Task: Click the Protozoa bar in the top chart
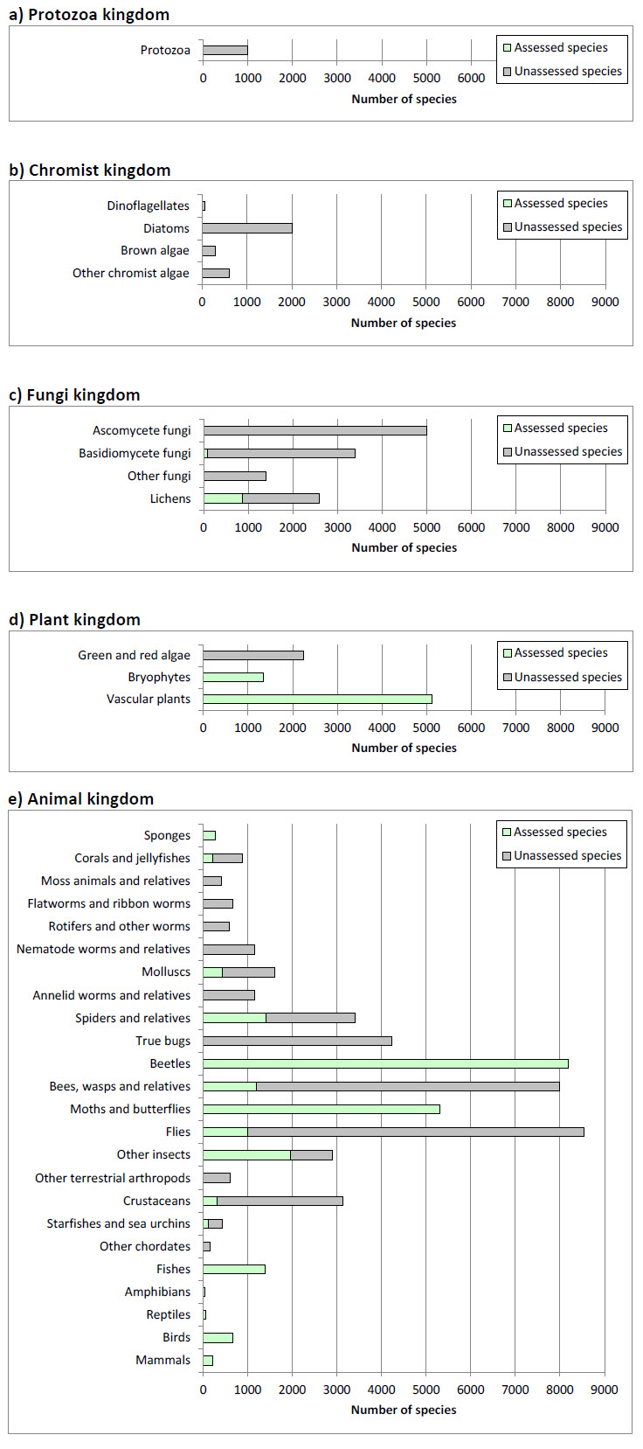point(225,50)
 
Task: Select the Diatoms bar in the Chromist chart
point(247,228)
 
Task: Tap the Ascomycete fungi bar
point(315,430)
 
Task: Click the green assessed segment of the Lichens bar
point(223,498)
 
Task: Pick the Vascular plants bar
point(317,699)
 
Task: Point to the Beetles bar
point(385,1063)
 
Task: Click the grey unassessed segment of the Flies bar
point(415,1132)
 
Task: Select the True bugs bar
point(297,1041)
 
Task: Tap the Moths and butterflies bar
point(321,1109)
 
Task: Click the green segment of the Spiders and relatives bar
point(234,1018)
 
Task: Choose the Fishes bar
point(234,1269)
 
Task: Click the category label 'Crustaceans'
point(156,1201)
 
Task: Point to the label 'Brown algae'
point(155,250)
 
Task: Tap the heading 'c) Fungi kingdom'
point(74,394)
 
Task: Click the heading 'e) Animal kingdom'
point(81,798)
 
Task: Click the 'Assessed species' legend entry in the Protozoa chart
point(560,47)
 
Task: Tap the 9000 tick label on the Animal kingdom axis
point(605,1390)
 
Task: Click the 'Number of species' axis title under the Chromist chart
point(404,323)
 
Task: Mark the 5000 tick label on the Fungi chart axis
point(426,527)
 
